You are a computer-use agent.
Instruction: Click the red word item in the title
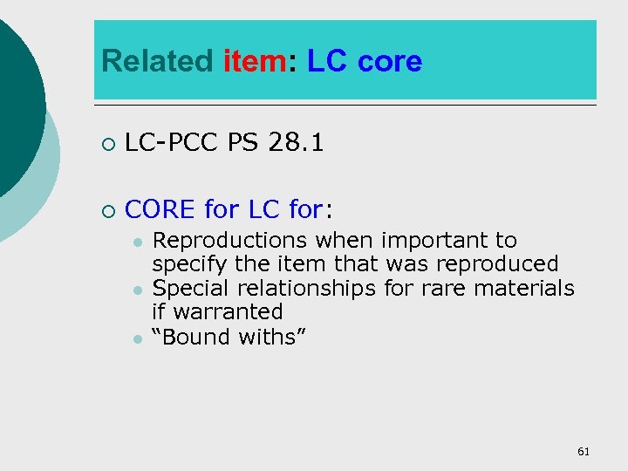pos(254,62)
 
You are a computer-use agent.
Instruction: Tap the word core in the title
pos(389,62)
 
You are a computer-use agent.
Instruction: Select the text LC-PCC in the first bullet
pos(172,142)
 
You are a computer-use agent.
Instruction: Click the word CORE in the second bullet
pos(160,209)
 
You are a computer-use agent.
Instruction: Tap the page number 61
pos(584,451)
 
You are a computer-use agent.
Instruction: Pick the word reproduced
pos(498,263)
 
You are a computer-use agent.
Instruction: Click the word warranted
pos(229,311)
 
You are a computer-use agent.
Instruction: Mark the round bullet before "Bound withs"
pos(138,337)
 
